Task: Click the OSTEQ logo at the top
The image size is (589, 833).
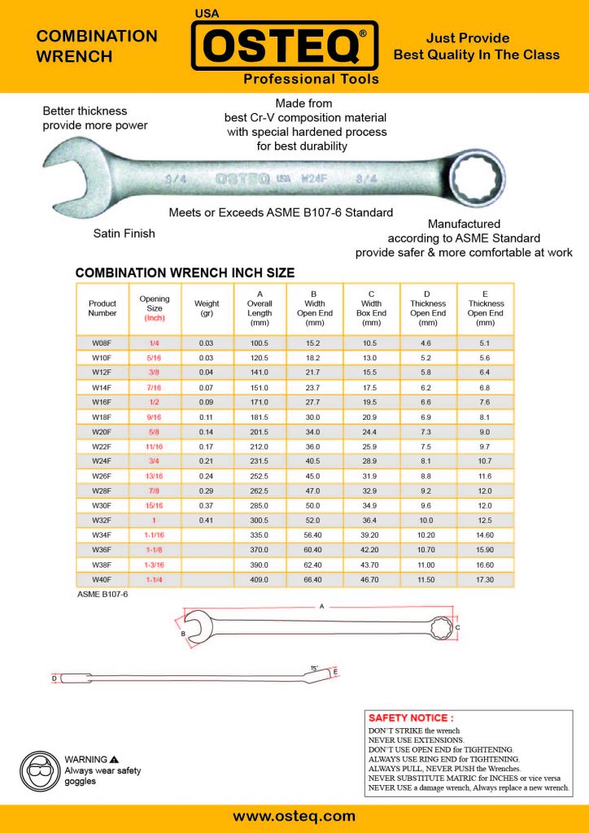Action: pyautogui.click(x=285, y=46)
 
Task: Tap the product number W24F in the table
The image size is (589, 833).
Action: pyautogui.click(x=103, y=460)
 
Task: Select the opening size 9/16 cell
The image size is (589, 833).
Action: pyautogui.click(x=155, y=416)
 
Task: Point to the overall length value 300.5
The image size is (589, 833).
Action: pyautogui.click(x=260, y=519)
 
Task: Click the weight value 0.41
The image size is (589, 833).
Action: pyautogui.click(x=207, y=519)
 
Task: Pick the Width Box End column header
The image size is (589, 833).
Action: pyautogui.click(x=372, y=308)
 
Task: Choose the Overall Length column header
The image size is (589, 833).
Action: pyautogui.click(x=260, y=308)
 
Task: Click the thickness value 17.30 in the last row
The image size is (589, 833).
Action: pyautogui.click(x=486, y=578)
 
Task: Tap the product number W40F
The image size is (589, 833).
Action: pyautogui.click(x=103, y=578)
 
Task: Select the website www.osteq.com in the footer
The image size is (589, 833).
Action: pyautogui.click(x=294, y=816)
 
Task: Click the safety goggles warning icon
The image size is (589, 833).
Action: pyautogui.click(x=38, y=766)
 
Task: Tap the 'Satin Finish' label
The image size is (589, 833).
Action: pyautogui.click(x=124, y=233)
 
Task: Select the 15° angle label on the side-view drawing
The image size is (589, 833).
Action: pyautogui.click(x=314, y=668)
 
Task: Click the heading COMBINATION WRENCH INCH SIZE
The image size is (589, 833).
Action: pyautogui.click(x=185, y=273)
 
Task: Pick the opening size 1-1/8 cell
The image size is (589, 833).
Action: pyautogui.click(x=155, y=549)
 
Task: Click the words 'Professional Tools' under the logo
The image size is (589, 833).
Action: pyautogui.click(x=311, y=79)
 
